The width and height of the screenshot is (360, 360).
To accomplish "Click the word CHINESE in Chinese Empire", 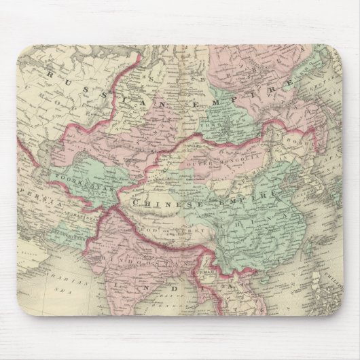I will pos(158,202).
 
